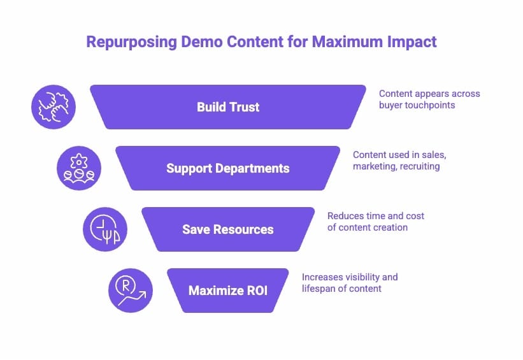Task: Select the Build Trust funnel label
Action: pos(228,107)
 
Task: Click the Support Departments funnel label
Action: pos(228,168)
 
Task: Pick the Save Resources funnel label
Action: pos(228,229)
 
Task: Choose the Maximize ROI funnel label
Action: pos(228,291)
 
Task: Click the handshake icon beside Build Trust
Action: pos(54,107)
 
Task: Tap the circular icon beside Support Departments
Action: pos(79,168)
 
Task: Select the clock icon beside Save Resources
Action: pos(105,229)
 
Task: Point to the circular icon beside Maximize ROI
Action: pos(131,291)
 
